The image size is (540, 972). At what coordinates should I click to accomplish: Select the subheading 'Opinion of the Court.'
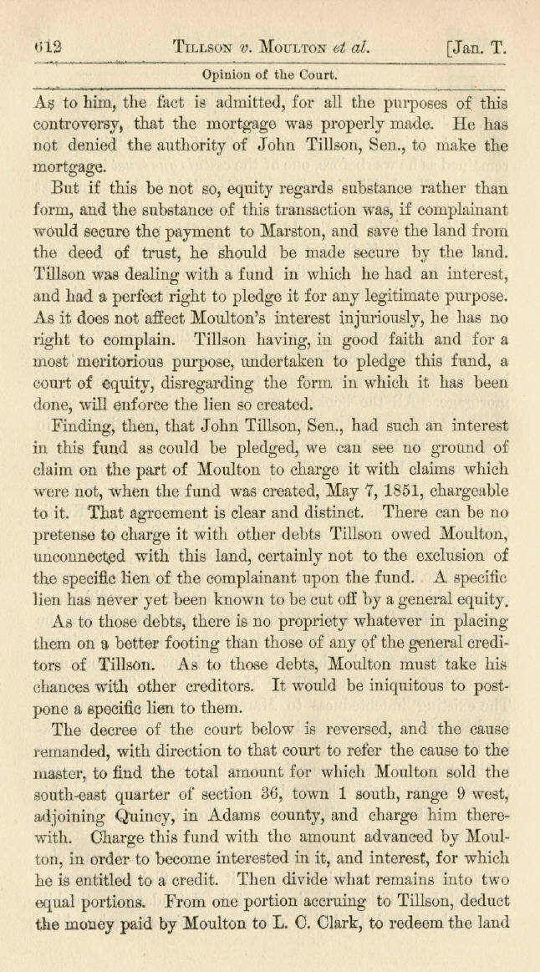tap(269, 74)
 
